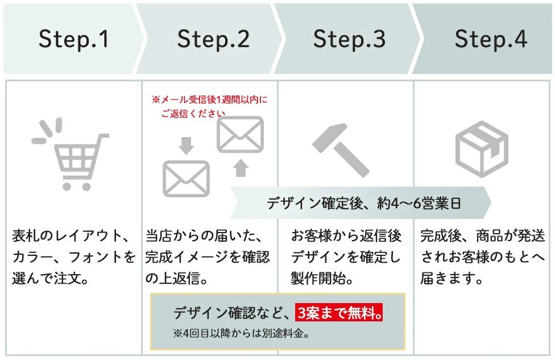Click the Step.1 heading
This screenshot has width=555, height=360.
tap(73, 39)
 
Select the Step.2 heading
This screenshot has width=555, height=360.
tap(213, 39)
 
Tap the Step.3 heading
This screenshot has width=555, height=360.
tap(349, 39)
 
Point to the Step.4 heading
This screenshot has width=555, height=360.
tap(491, 39)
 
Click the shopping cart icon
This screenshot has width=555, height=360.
tap(71, 156)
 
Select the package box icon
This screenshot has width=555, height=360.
tap(482, 149)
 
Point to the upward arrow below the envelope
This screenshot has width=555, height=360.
tap(241, 167)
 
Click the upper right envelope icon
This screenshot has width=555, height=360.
tap(240, 135)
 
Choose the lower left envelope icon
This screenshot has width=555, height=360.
tap(186, 178)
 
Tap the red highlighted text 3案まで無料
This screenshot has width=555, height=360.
tap(339, 313)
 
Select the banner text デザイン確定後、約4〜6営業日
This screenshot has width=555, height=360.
tap(364, 203)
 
